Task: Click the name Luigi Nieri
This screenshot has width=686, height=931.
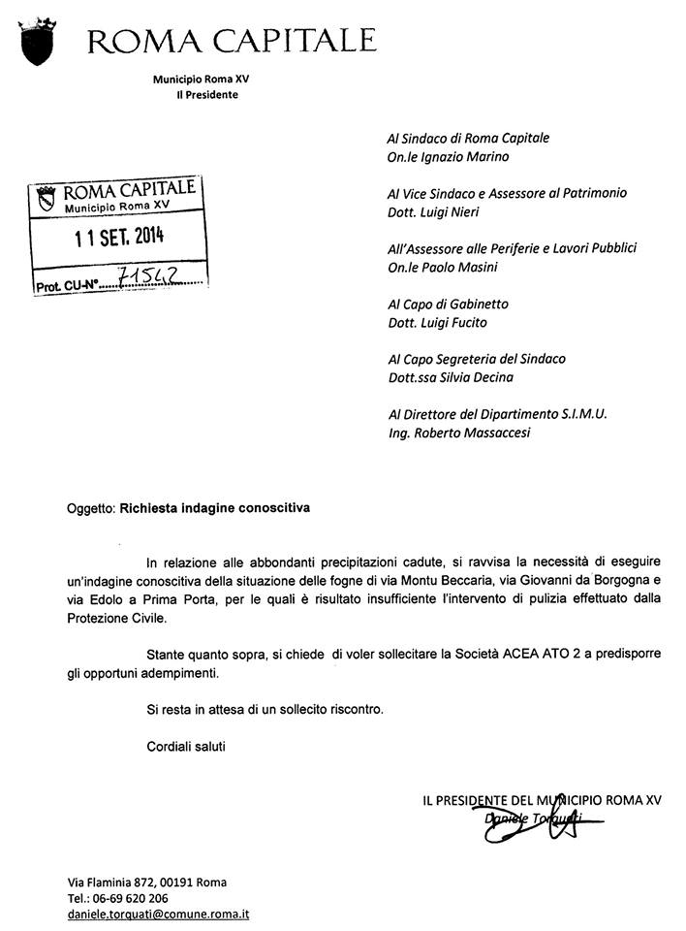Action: click(455, 211)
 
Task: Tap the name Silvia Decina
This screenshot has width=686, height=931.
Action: click(472, 377)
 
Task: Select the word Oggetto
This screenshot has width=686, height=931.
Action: click(90, 507)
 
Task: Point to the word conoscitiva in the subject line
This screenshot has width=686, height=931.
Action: click(271, 507)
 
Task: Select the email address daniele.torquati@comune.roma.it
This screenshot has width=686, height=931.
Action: click(159, 914)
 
